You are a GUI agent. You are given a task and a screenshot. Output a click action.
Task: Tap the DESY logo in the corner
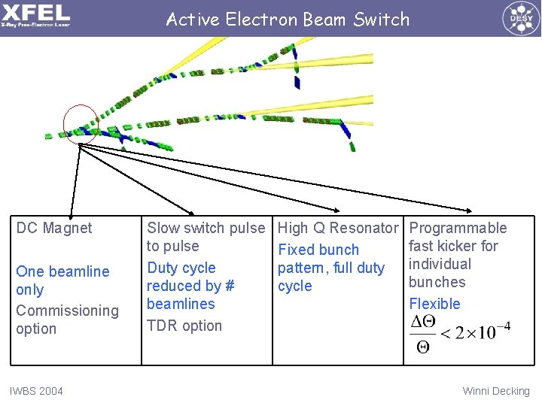click(519, 17)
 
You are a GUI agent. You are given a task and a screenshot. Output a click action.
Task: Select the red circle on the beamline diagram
click(80, 123)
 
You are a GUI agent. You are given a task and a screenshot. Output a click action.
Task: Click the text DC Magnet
click(54, 228)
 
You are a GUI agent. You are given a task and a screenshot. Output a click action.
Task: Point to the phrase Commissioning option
click(67, 320)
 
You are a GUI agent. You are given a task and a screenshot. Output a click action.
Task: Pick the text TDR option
click(184, 326)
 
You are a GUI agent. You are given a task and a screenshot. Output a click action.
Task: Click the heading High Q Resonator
click(338, 228)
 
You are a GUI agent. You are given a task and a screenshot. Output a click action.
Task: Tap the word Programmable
click(458, 228)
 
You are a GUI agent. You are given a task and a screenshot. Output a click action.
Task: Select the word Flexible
click(434, 304)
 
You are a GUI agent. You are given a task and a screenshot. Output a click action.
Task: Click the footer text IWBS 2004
click(36, 391)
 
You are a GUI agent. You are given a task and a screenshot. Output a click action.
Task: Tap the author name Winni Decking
click(496, 391)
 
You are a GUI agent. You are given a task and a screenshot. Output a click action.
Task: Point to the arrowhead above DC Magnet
click(72, 214)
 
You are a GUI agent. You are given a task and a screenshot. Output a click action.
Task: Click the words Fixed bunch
click(318, 250)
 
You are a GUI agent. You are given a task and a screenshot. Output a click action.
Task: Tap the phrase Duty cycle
click(181, 268)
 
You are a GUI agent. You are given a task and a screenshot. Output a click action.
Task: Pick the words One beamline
click(62, 271)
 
